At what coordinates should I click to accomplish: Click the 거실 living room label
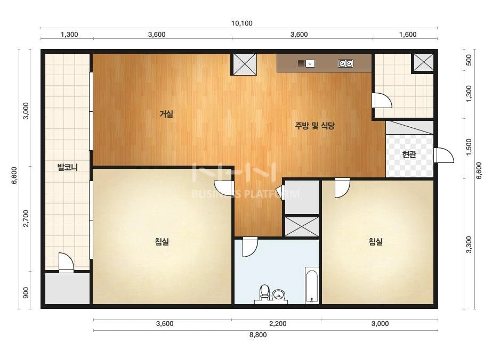[x=166, y=114]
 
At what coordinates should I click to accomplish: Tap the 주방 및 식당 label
[x=314, y=126]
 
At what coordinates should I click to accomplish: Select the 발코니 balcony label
[x=68, y=167]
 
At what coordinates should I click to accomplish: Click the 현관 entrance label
[x=409, y=154]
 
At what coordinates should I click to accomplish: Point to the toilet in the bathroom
[x=265, y=292]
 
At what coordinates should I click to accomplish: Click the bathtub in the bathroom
[x=312, y=285]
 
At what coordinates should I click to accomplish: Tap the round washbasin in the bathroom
[x=278, y=295]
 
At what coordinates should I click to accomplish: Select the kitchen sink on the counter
[x=307, y=64]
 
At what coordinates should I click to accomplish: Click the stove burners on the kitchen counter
[x=345, y=64]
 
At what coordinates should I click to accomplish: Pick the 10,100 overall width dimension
[x=241, y=23]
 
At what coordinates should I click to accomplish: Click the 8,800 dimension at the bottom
[x=258, y=335]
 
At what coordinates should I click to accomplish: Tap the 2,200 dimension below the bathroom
[x=278, y=324]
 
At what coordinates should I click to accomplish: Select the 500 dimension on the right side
[x=469, y=60]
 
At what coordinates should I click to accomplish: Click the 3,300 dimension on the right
[x=469, y=244]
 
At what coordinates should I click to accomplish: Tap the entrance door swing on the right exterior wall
[x=444, y=155]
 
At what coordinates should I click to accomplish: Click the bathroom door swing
[x=250, y=247]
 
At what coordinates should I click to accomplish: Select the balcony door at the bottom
[x=66, y=262]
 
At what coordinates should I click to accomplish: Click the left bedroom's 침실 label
[x=162, y=241]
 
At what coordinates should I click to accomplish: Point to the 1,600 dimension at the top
[x=408, y=35]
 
